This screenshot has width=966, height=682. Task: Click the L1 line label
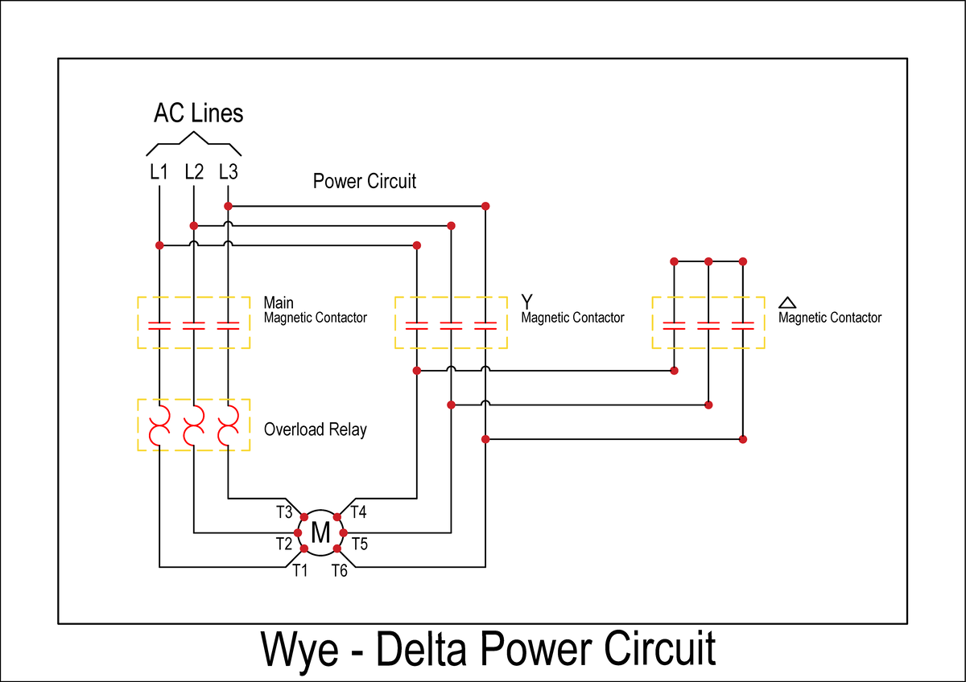159,171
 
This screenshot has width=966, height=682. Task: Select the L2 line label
193,171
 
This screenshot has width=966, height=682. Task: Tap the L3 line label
228,171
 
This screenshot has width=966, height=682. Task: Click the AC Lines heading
198,113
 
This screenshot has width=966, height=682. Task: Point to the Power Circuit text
365,181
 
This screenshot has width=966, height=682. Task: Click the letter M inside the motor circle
320,532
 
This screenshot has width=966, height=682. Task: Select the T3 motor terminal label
283,511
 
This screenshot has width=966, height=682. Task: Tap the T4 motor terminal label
358,511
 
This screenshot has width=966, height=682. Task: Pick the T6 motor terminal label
339,570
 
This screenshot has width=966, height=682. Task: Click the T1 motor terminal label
299,570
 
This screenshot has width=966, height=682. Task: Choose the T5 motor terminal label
359,544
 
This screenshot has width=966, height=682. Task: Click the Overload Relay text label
315,429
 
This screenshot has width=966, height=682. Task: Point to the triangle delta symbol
787,302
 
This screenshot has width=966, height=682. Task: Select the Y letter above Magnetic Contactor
526,302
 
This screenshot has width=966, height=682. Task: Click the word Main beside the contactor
279,303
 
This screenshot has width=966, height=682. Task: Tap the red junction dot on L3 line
228,206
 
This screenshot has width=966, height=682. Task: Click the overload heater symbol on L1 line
159,425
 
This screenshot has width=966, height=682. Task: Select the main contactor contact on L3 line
229,325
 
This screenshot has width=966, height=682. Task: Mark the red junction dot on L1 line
159,244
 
